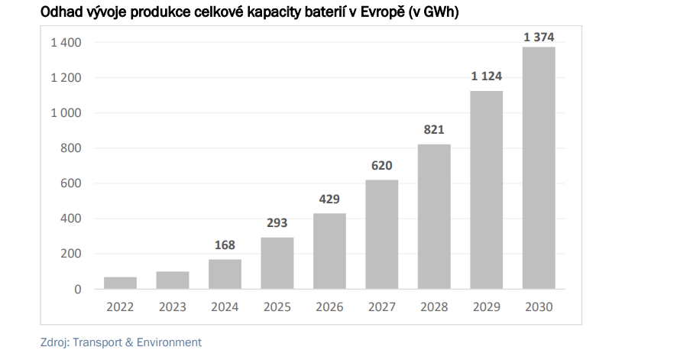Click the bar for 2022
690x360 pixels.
click(x=120, y=283)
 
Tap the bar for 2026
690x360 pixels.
click(x=329, y=251)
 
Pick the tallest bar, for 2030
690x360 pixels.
click(x=539, y=168)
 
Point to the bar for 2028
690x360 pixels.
click(x=434, y=217)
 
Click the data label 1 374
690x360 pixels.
click(x=539, y=37)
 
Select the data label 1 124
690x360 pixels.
click(x=487, y=76)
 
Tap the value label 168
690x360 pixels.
click(x=225, y=245)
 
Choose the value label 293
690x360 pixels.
click(x=277, y=224)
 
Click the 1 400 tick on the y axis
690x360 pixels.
click(x=66, y=43)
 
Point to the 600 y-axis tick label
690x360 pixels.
click(x=72, y=183)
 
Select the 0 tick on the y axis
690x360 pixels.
click(x=78, y=290)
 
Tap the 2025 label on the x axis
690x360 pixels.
click(x=277, y=307)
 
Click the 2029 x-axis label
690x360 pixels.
click(x=487, y=307)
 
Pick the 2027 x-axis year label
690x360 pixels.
click(x=382, y=307)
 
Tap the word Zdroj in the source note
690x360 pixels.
click(x=54, y=342)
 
